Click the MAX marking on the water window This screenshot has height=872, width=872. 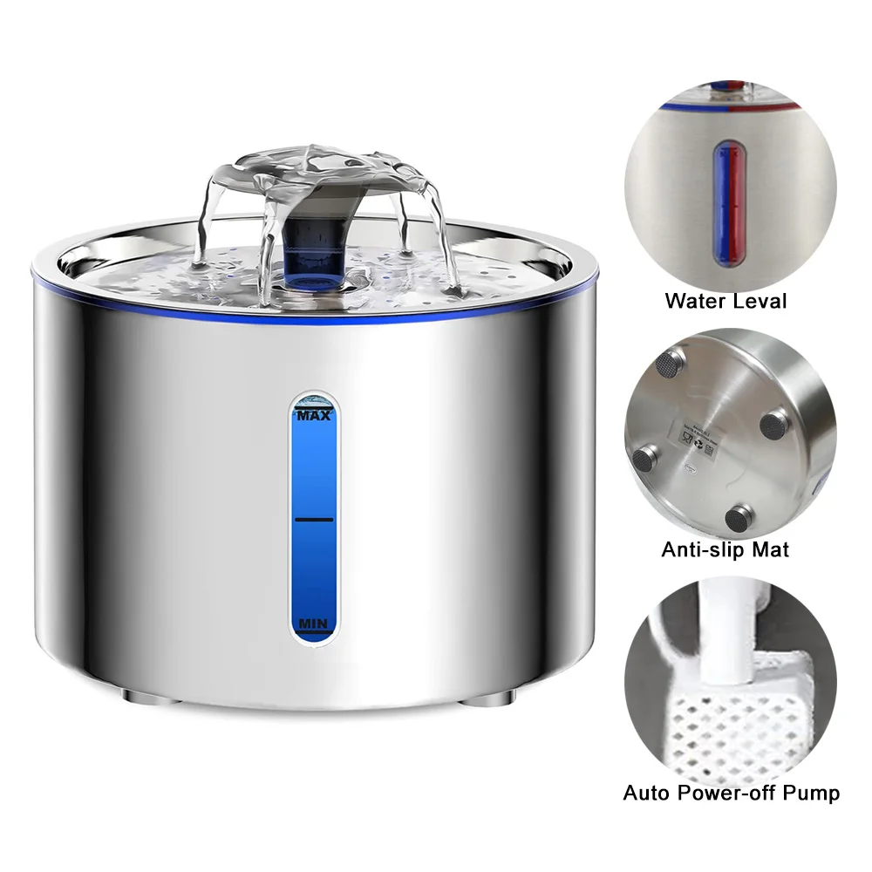tap(314, 416)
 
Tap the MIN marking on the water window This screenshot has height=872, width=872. tap(311, 623)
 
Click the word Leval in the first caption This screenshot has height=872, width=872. tap(756, 302)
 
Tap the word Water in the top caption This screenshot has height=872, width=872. tap(693, 302)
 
